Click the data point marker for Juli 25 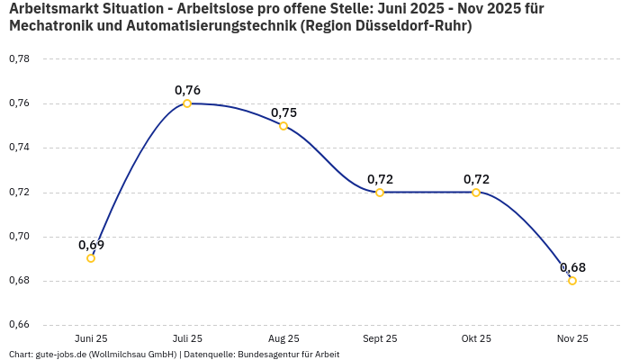(x=187, y=103)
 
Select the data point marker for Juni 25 (x=91, y=258)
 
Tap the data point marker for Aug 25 (x=283, y=126)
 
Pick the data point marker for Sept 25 (x=380, y=193)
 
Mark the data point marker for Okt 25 (x=476, y=193)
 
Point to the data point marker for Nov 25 (x=572, y=281)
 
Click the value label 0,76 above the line (x=187, y=90)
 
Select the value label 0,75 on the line (x=283, y=112)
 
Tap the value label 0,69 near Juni (x=91, y=245)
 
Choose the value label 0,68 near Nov (x=572, y=267)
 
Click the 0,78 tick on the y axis (x=19, y=59)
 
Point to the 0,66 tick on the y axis (x=19, y=325)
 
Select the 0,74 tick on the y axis (x=19, y=148)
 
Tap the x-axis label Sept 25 (x=380, y=338)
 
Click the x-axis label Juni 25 (x=91, y=338)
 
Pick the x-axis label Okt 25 (x=476, y=338)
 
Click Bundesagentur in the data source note (x=265, y=354)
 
